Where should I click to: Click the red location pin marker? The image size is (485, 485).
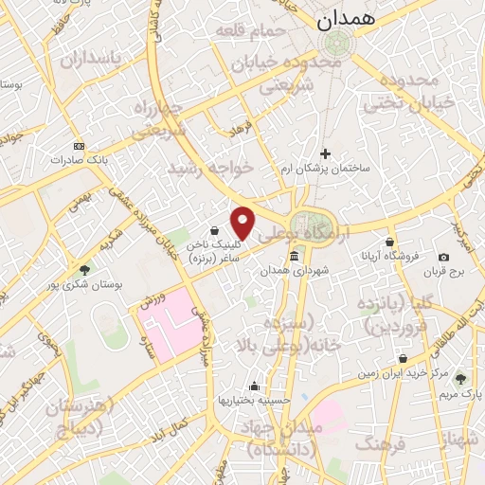243,223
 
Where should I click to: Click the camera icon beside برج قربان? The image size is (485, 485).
443,258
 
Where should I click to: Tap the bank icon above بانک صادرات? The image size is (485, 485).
79,146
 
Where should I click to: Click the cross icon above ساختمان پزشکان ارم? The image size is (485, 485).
325,153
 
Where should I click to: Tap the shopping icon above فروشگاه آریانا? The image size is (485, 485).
388,242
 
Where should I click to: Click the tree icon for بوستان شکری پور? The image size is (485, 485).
84,271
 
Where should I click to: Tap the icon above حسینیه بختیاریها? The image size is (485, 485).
253,386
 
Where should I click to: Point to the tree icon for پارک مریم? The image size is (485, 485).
461,378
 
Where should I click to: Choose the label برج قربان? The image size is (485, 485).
445,272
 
